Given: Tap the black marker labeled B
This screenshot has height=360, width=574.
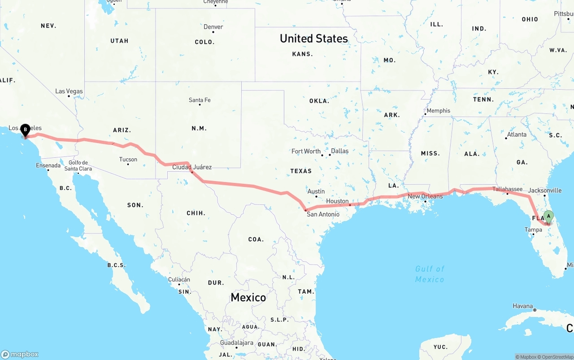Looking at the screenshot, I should [25, 130].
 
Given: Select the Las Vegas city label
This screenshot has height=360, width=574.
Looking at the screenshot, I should [69, 91].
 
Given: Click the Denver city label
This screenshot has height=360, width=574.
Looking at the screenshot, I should [213, 27].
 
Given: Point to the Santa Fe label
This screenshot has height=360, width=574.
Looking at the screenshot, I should [200, 100].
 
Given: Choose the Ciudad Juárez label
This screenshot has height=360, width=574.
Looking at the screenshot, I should [192, 167].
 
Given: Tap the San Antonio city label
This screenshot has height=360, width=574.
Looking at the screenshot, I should [323, 214].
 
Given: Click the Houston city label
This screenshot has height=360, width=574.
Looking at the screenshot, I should [337, 201].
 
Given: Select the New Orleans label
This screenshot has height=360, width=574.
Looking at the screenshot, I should [425, 196].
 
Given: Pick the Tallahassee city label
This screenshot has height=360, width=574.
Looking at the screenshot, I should [507, 189].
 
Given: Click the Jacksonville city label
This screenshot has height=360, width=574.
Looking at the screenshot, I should [544, 191].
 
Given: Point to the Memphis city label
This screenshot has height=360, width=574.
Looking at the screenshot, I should [438, 111].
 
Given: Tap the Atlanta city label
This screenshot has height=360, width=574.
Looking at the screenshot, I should [517, 134].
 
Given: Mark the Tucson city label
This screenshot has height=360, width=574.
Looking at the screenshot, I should [128, 160].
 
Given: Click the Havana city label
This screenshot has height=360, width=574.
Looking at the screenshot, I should [522, 306].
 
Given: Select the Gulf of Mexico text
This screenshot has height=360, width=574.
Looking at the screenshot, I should [430, 274].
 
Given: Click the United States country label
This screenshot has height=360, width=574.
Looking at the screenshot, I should [313, 39].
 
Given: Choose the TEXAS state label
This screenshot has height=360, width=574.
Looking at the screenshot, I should [301, 171].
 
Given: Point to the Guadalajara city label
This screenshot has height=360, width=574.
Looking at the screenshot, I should [236, 343].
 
